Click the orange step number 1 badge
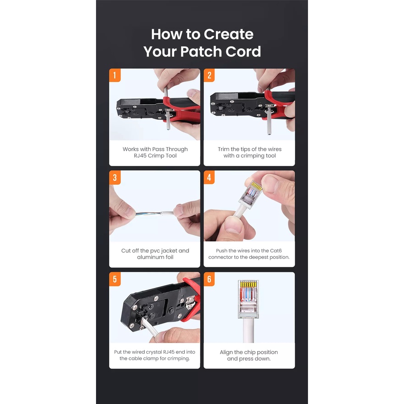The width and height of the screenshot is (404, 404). coord(115,75)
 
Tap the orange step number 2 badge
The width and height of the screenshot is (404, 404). coord(209,75)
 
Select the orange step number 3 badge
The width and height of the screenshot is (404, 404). coord(115,178)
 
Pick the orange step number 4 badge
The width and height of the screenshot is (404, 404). coord(209,178)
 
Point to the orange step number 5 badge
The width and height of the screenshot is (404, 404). coord(115,279)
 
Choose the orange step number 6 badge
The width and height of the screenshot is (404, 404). coord(209,279)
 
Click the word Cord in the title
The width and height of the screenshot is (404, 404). coord(243,52)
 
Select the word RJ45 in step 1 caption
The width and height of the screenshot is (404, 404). coord(140,156)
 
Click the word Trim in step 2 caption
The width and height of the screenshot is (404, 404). coord(223,149)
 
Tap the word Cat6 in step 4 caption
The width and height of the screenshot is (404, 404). coord(276,251)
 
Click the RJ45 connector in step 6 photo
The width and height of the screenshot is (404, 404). coord(248,299)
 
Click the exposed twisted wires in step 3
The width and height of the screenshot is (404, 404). coord(149,214)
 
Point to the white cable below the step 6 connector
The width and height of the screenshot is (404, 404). coord(248,331)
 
